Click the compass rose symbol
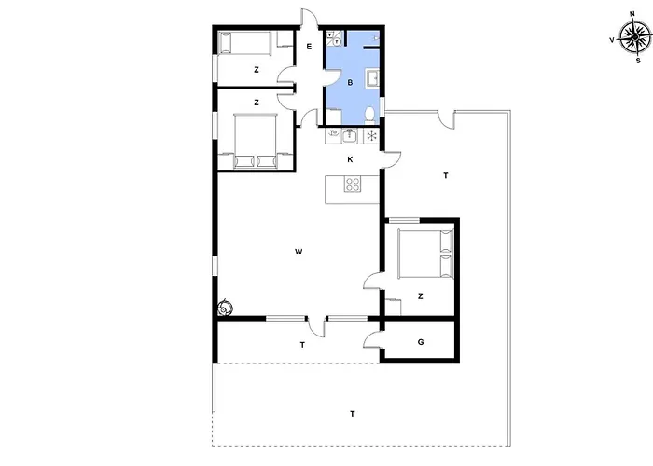[634, 37]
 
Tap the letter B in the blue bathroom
[350, 83]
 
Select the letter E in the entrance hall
[309, 47]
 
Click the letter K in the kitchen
[350, 159]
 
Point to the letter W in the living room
[299, 252]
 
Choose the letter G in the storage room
[421, 342]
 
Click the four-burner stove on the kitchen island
[353, 184]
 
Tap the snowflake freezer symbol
[371, 136]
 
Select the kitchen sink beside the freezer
[350, 136]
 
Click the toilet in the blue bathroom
[369, 115]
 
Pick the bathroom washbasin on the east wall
[372, 78]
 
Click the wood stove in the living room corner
[226, 308]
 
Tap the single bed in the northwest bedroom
[244, 43]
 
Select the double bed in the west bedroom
[256, 141]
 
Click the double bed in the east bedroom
[425, 254]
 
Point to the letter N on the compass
[632, 14]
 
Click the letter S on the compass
[638, 61]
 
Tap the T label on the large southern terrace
[353, 414]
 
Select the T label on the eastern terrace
[446, 175]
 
